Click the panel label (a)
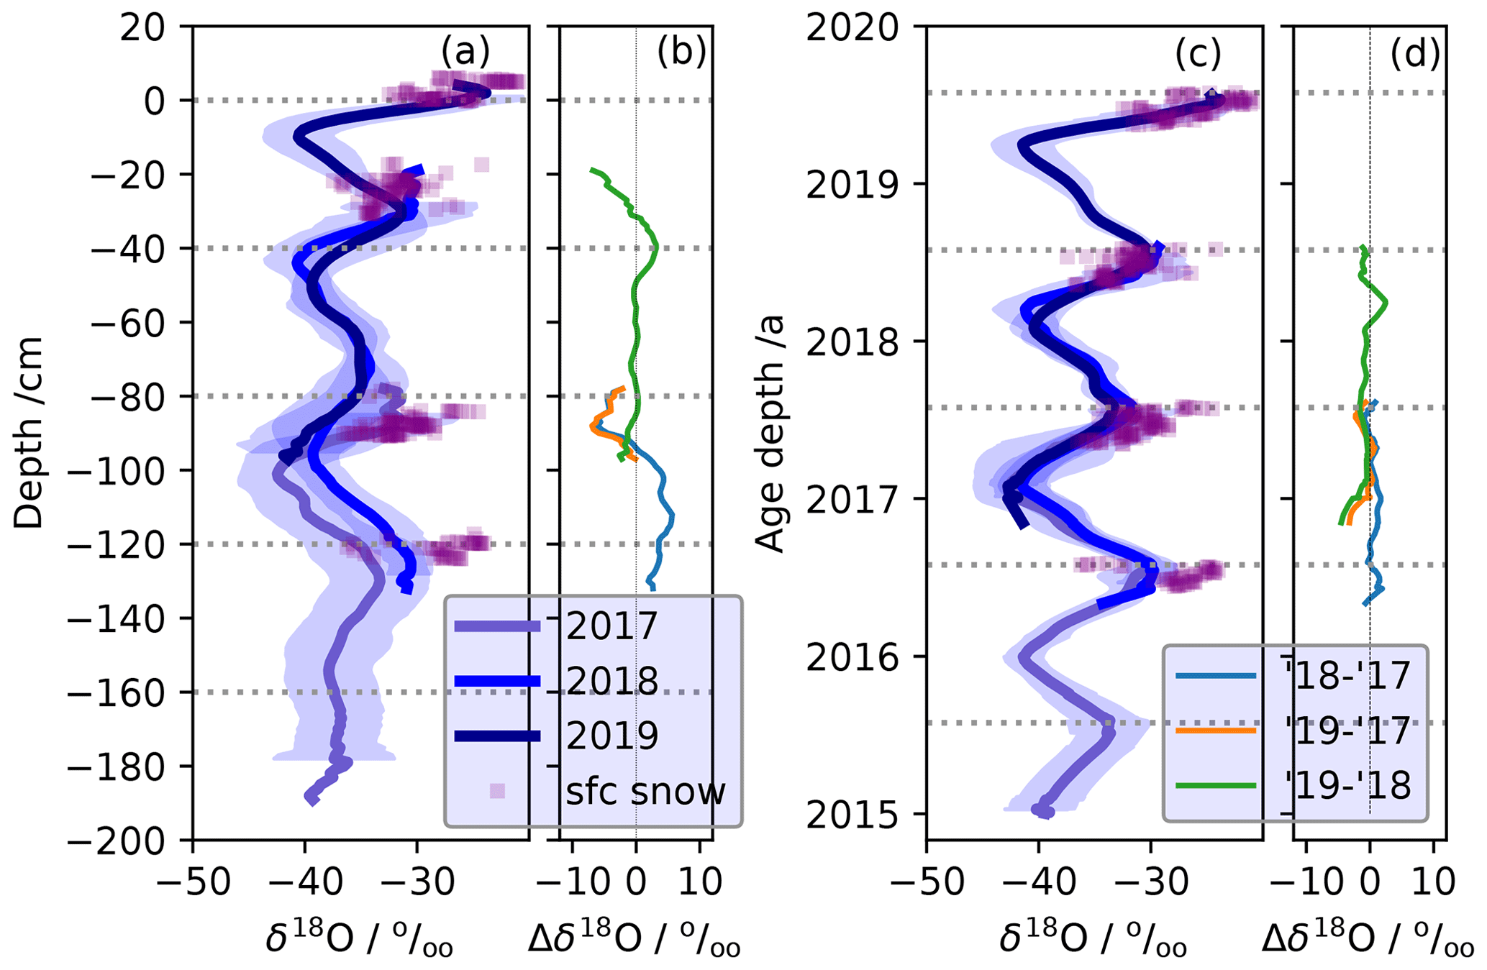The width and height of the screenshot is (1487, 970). click(465, 52)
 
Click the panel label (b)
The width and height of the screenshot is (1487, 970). click(681, 52)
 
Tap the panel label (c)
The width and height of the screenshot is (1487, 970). click(1199, 53)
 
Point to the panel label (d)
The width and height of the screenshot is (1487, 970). click(1414, 53)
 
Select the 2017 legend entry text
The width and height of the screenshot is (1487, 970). click(612, 626)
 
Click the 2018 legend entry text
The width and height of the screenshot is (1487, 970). click(612, 680)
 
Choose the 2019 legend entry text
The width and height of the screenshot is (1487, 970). click(612, 735)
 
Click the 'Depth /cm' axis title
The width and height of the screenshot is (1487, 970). click(29, 433)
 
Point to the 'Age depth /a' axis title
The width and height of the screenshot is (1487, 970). click(770, 433)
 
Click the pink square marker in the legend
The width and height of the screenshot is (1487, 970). click(497, 791)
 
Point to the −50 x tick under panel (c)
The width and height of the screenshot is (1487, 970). click(927, 882)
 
